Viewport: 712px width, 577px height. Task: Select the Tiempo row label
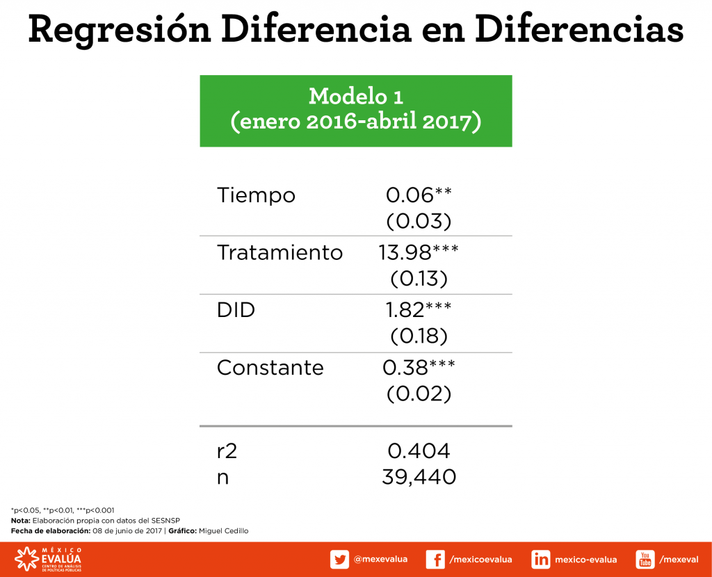point(256,195)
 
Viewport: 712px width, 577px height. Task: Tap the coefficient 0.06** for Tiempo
point(419,195)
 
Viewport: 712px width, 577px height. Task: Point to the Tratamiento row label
point(280,252)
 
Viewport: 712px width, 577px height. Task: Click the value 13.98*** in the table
point(419,252)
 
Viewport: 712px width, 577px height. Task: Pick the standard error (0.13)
point(419,278)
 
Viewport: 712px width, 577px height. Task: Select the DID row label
point(236,310)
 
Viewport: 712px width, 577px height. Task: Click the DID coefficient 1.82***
point(419,310)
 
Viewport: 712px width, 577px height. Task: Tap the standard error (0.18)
point(419,336)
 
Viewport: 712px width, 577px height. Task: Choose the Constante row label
point(270,367)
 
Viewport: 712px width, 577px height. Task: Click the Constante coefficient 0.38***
point(419,367)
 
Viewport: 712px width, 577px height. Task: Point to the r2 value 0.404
point(419,451)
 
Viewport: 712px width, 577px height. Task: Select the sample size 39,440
point(419,477)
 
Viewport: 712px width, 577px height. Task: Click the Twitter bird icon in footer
point(339,560)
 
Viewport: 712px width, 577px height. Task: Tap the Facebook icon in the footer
point(435,560)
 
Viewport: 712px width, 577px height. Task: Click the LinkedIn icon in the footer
point(541,560)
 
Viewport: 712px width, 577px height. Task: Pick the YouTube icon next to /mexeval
point(645,560)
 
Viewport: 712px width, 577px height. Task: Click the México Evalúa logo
point(48,560)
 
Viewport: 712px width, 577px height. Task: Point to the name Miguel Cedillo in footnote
point(223,531)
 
